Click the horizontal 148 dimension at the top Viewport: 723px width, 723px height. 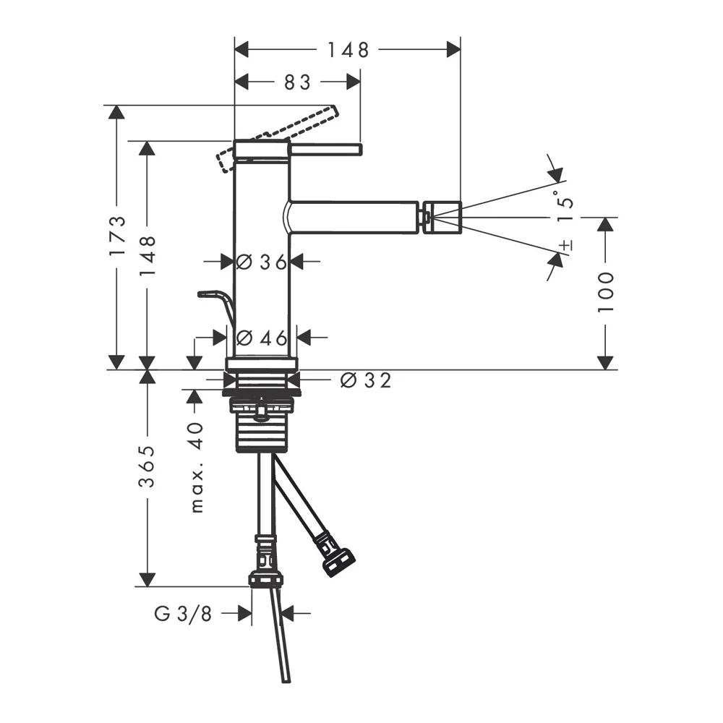[348, 50]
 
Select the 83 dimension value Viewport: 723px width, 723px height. [297, 82]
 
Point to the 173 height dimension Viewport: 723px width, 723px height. [118, 236]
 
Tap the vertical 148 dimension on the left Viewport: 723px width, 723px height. [148, 255]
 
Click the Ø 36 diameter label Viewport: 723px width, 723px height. [262, 262]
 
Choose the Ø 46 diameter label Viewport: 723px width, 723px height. [262, 338]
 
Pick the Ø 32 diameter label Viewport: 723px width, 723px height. [366, 380]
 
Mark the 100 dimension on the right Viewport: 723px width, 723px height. [606, 292]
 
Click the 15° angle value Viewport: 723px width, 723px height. [565, 205]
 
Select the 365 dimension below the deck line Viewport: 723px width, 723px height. [148, 466]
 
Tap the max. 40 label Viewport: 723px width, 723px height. [197, 468]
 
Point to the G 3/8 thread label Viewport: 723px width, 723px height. [183, 614]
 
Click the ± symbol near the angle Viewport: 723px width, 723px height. [566, 245]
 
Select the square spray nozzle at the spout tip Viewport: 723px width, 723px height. [442, 215]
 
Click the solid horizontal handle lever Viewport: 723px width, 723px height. [325, 150]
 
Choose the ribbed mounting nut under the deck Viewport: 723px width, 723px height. [262, 425]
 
